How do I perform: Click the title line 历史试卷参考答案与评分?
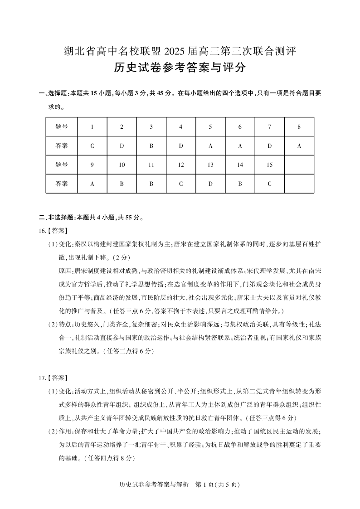click(180, 68)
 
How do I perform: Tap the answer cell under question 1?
click(92, 146)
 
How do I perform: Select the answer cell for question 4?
click(181, 146)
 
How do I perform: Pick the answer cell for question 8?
click(299, 146)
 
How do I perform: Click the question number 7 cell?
click(269, 127)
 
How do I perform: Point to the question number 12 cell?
click(181, 165)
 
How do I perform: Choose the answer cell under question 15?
click(269, 184)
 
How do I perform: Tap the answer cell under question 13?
click(210, 184)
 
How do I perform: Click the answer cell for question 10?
click(122, 184)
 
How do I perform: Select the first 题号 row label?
click(62, 127)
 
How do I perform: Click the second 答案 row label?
click(62, 184)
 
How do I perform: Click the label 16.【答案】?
click(54, 231)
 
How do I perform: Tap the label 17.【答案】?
click(54, 378)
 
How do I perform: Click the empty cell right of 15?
click(299, 165)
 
